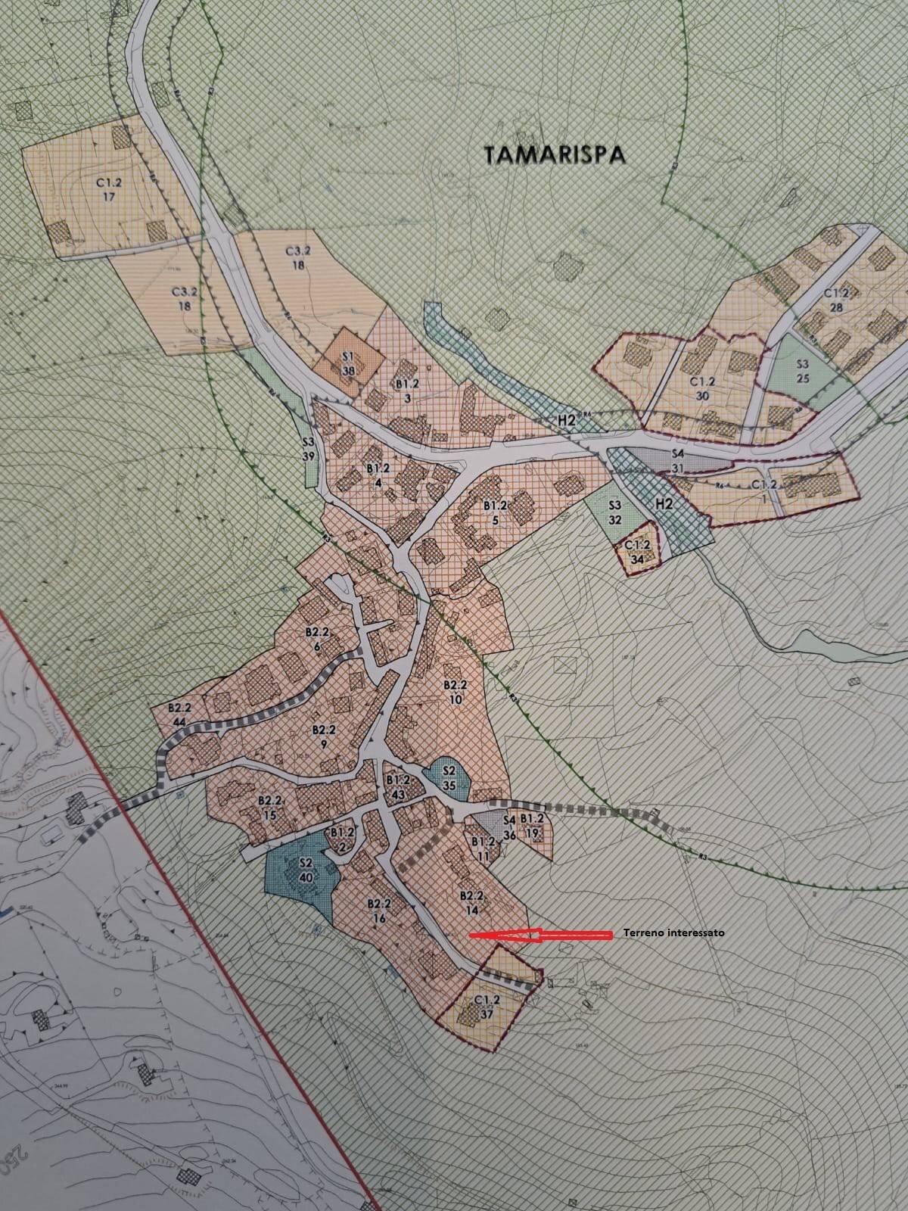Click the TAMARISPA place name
(x=555, y=154)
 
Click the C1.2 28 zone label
(x=837, y=300)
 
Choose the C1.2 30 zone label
(x=703, y=388)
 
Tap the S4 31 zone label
(x=677, y=461)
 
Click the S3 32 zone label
(x=614, y=512)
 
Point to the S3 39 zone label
(x=308, y=450)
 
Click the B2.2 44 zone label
(x=179, y=714)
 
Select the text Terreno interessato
(x=673, y=933)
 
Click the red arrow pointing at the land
(x=540, y=935)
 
